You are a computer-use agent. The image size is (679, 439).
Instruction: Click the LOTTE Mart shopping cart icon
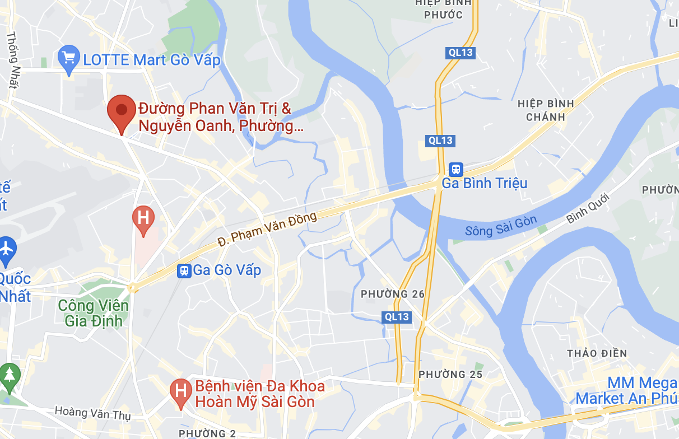coord(69,58)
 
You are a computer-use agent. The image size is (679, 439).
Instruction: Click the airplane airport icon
coord(7,247)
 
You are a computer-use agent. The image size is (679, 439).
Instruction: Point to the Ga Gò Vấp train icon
coord(184,271)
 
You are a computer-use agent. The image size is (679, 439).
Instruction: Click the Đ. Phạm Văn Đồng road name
coord(267,229)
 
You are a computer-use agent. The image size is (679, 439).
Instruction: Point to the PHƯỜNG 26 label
coord(393,295)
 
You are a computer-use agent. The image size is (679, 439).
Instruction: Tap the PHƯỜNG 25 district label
coord(450,374)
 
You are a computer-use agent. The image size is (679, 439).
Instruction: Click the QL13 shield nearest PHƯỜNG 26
coord(397,317)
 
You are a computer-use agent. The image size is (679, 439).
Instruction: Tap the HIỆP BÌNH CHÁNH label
coord(546,110)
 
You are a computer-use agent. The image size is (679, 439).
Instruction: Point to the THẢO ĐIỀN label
coord(594,353)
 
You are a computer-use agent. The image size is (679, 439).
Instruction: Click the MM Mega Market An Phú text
coord(626,391)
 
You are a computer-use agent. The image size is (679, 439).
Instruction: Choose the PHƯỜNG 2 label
coord(208,433)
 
